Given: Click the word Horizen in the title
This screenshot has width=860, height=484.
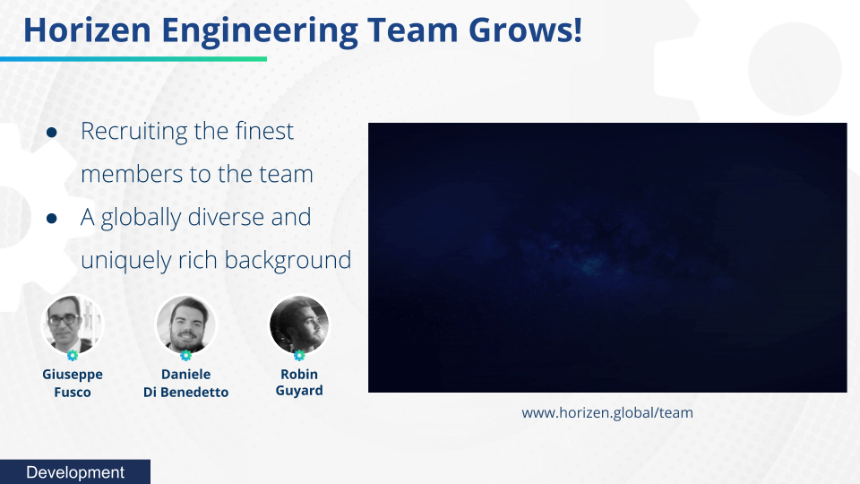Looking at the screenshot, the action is (x=87, y=30).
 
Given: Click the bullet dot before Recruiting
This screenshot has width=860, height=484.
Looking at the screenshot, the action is (x=52, y=133).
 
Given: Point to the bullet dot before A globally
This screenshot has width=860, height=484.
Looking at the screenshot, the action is (x=52, y=219).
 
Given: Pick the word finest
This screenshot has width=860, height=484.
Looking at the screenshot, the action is (x=264, y=131).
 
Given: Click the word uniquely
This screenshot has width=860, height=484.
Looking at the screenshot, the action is (x=126, y=261).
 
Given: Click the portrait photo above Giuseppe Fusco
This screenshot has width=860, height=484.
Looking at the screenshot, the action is (x=72, y=324).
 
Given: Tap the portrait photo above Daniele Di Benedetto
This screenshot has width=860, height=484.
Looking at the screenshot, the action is (x=186, y=324).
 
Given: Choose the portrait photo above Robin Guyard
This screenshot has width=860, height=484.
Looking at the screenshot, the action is (x=299, y=324).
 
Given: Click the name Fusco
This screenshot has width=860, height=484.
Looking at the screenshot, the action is (x=73, y=393).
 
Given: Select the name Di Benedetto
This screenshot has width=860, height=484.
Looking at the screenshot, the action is (x=186, y=393).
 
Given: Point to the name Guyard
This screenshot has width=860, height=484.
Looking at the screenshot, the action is (x=299, y=392).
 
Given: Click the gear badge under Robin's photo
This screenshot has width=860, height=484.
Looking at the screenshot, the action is (x=299, y=356).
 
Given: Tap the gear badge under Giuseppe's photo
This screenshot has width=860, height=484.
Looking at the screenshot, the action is (x=73, y=356).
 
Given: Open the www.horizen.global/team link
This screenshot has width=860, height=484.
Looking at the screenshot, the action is (x=607, y=413).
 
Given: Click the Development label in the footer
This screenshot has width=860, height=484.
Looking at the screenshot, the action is (x=75, y=472).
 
